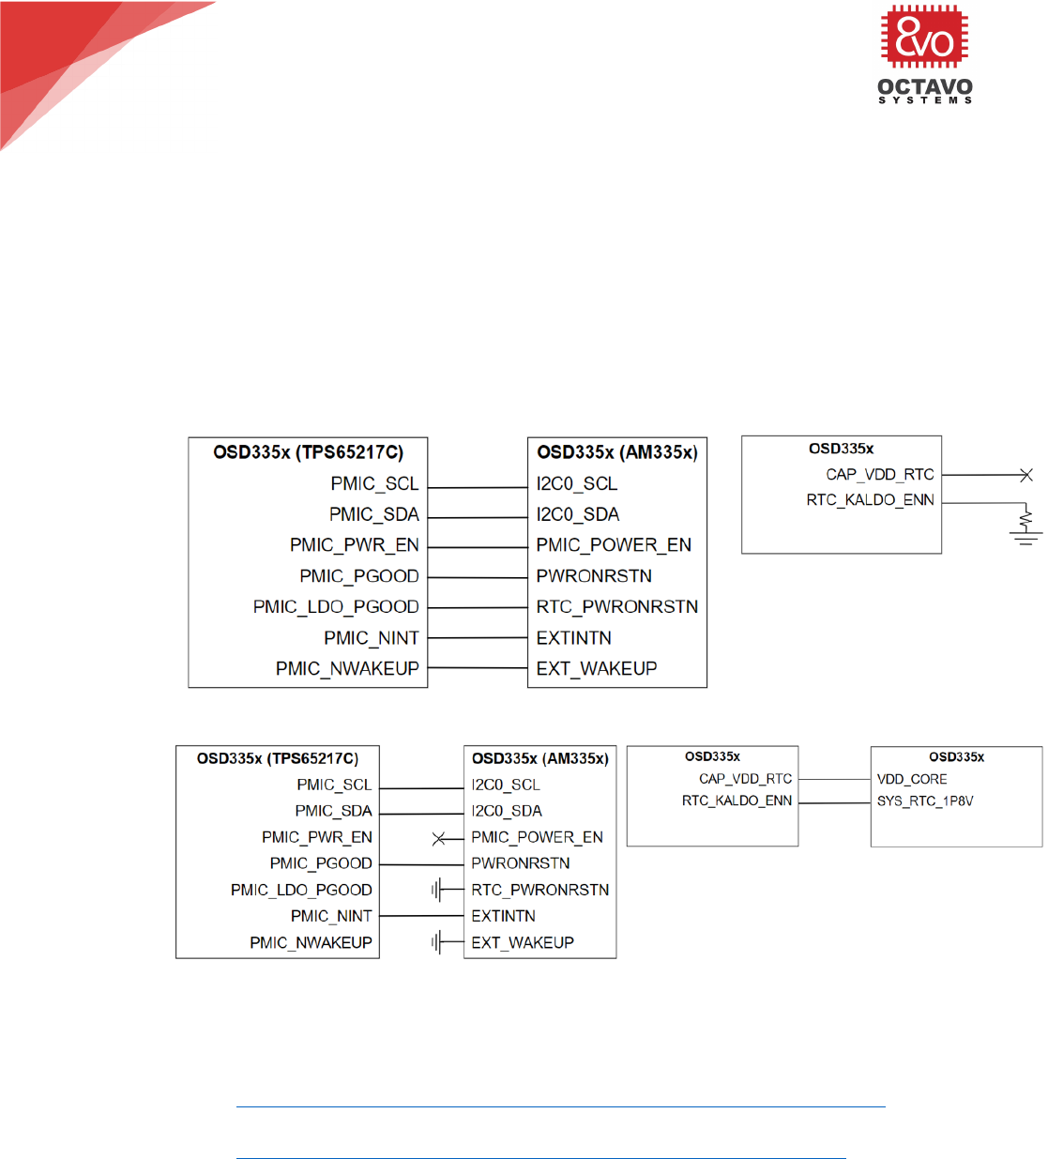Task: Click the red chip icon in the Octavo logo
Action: (x=924, y=37)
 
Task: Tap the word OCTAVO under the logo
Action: (x=924, y=87)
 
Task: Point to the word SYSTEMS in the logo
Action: (x=924, y=100)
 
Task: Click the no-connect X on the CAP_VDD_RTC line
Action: (x=1025, y=475)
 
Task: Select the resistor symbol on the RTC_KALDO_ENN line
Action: (x=1025, y=516)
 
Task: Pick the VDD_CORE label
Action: (x=911, y=779)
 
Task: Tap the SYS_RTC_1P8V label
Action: (x=924, y=801)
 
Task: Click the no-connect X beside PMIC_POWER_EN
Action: (x=439, y=838)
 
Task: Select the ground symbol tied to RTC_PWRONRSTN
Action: (x=437, y=890)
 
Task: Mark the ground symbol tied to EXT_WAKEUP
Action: (x=437, y=942)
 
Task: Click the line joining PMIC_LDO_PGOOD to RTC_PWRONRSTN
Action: (x=477, y=607)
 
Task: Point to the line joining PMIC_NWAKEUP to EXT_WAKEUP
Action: (x=477, y=668)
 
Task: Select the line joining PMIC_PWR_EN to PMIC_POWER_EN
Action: (x=477, y=545)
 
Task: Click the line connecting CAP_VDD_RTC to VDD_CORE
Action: (x=834, y=779)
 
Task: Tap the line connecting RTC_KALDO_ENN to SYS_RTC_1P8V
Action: (x=834, y=802)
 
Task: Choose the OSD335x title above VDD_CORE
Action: (x=956, y=757)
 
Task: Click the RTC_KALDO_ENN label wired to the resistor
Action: (x=870, y=500)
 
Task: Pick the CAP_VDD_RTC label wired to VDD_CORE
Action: (x=745, y=779)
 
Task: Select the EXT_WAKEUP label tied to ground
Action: (x=523, y=942)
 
